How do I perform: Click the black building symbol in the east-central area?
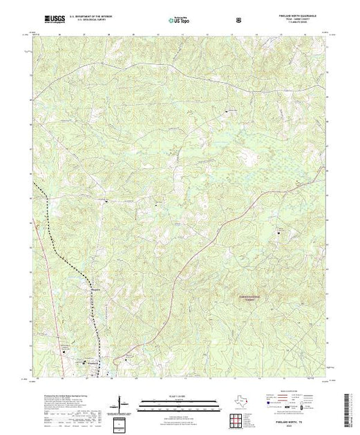[x=278, y=233]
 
